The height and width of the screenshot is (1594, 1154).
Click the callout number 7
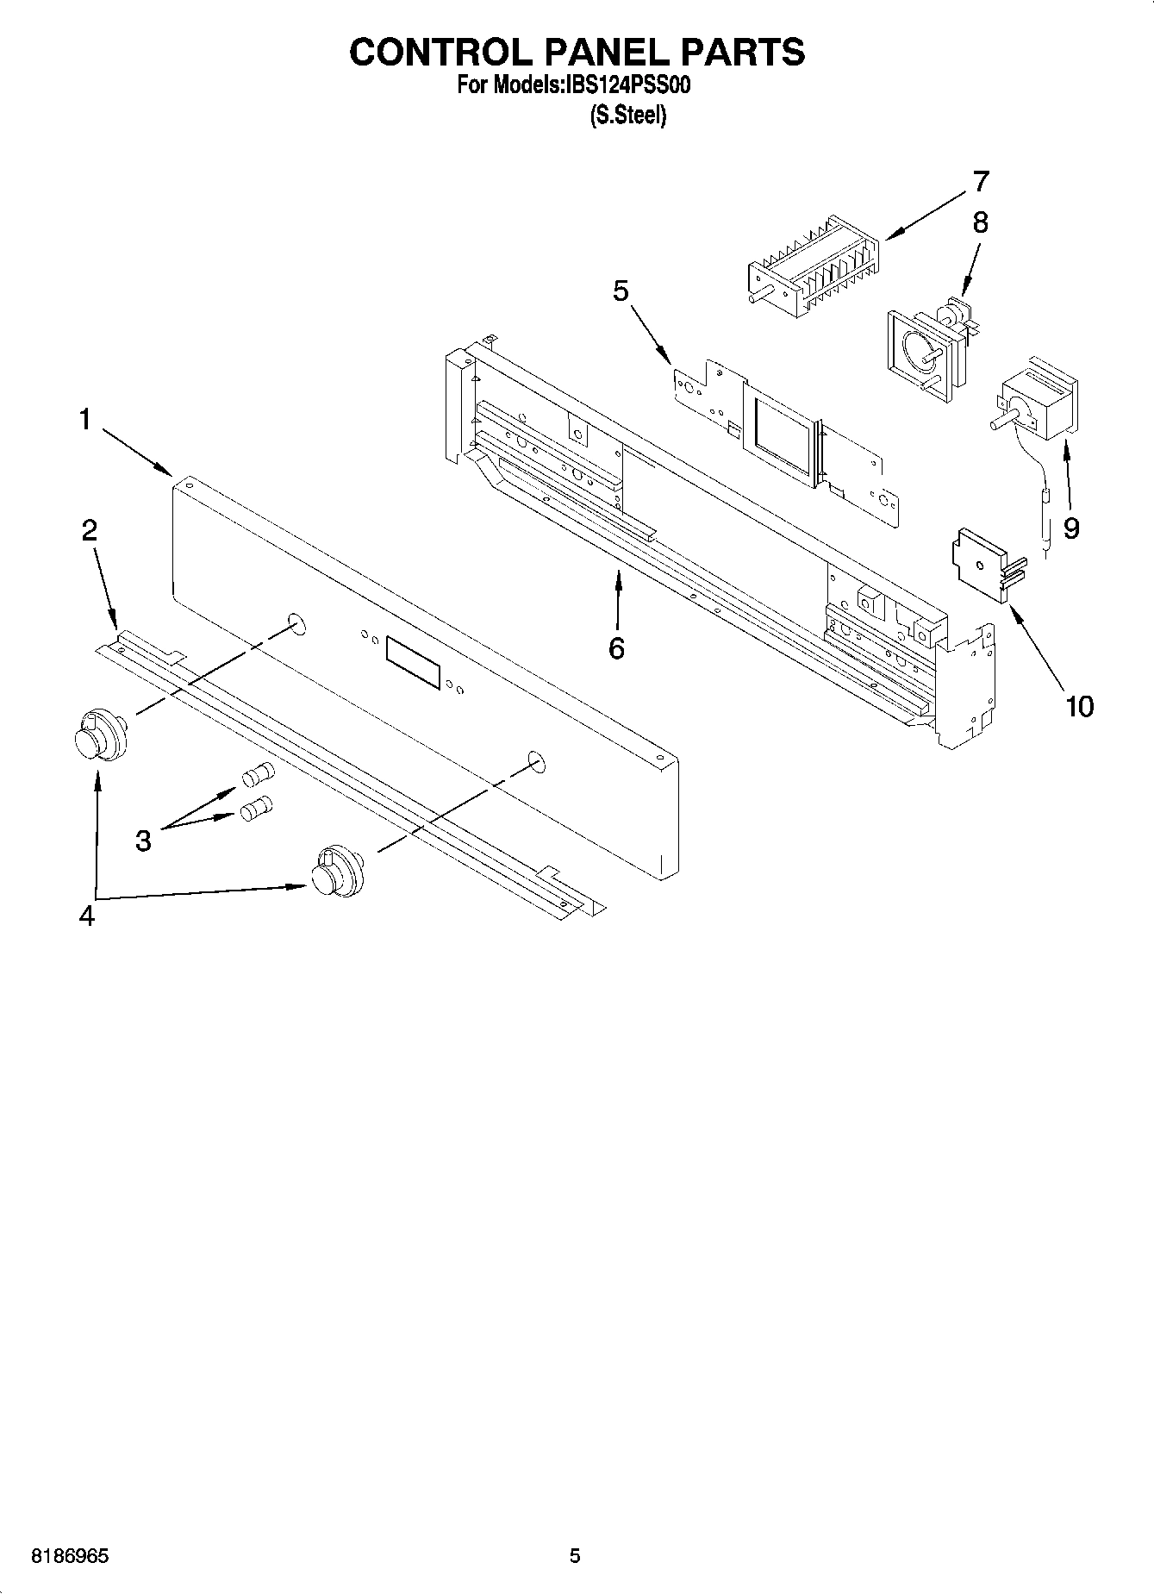click(980, 182)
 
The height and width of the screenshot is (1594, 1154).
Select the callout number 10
click(1079, 707)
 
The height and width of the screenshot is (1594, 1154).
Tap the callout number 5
click(621, 291)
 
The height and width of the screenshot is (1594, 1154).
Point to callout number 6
click(616, 648)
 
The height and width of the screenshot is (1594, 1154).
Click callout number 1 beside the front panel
click(84, 420)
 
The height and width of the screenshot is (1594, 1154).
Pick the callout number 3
click(143, 839)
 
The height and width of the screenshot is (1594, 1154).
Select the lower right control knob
click(335, 871)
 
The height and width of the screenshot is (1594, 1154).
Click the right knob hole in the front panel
click(535, 759)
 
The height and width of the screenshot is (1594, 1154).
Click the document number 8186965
click(70, 1556)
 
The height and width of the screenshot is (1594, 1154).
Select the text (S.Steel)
click(627, 116)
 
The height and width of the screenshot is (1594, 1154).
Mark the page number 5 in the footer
click(575, 1556)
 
